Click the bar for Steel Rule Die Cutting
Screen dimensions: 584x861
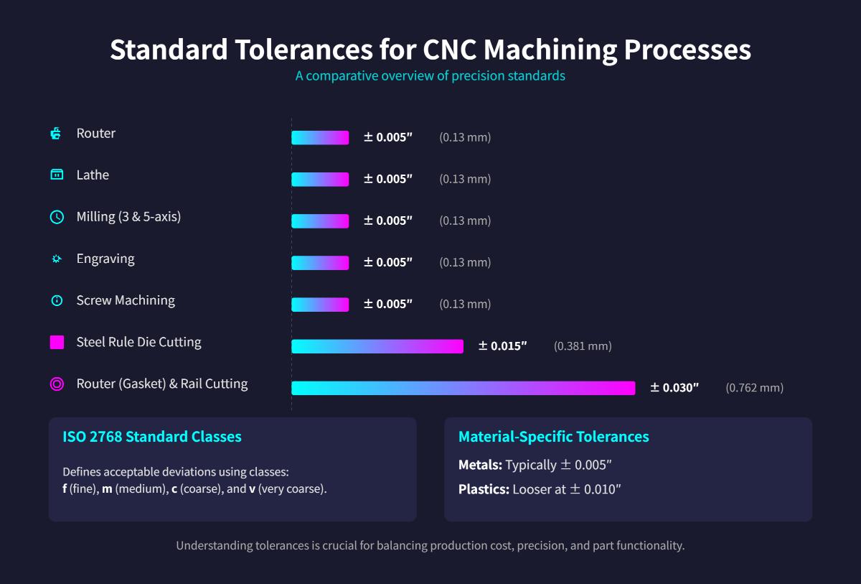(377, 346)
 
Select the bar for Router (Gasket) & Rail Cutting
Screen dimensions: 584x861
(463, 388)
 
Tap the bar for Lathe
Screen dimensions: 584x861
(320, 180)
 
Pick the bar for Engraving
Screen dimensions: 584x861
(320, 263)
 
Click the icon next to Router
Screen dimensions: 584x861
(57, 134)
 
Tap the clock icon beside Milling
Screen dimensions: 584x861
(57, 217)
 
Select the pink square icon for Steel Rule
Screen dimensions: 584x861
(57, 342)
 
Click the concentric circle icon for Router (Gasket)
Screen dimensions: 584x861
(57, 384)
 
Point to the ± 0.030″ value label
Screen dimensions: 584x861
(674, 388)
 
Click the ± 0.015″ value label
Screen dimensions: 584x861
(502, 346)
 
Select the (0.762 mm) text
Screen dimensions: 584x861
(754, 388)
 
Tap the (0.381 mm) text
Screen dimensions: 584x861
(583, 346)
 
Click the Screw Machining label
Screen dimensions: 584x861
(126, 300)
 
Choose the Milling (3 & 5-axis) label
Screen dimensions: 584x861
(128, 217)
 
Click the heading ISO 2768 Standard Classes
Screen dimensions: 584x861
(152, 437)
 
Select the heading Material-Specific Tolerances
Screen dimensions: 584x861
(553, 437)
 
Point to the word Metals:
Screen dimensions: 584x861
(480, 465)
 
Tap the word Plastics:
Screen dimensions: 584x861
(484, 490)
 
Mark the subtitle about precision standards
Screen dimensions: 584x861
(430, 75)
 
